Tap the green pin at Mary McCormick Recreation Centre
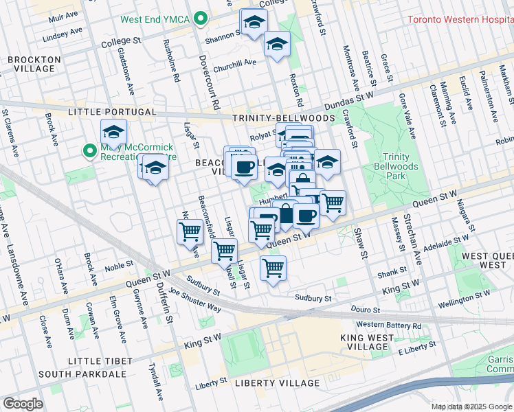(x=89, y=150)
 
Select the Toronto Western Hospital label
(x=460, y=19)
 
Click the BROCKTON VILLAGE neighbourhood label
(x=31, y=65)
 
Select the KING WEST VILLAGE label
(x=367, y=342)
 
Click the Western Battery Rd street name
(x=388, y=325)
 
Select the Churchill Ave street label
(x=234, y=65)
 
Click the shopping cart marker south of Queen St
(x=273, y=267)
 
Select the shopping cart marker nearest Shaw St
(x=333, y=203)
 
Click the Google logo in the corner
(x=23, y=404)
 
